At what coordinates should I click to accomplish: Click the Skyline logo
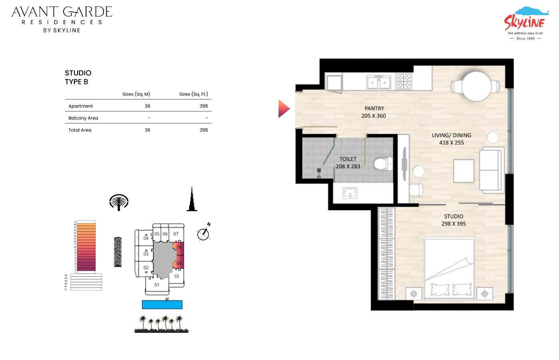[x=525, y=23]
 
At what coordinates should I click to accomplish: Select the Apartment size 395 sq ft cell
[x=204, y=106]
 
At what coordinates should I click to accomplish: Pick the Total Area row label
[x=80, y=130]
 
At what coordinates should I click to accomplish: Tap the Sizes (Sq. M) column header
[x=136, y=94]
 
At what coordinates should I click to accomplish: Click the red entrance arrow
[x=283, y=109]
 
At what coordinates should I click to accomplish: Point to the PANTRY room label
[x=374, y=108]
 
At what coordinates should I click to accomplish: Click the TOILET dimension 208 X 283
[x=348, y=166]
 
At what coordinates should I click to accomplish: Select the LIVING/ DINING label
[x=451, y=135]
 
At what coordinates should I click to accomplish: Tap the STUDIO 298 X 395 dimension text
[x=453, y=224]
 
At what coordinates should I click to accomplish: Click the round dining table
[x=476, y=86]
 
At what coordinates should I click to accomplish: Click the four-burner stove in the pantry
[x=403, y=81]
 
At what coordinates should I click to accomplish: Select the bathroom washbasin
[x=350, y=193]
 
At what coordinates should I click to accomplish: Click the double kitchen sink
[x=378, y=82]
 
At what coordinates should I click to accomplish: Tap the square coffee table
[x=464, y=171]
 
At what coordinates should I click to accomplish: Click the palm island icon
[x=119, y=202]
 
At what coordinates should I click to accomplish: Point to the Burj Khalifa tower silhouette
[x=192, y=200]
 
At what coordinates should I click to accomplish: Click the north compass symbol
[x=204, y=234]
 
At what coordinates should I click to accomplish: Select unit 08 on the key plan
[x=179, y=247]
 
